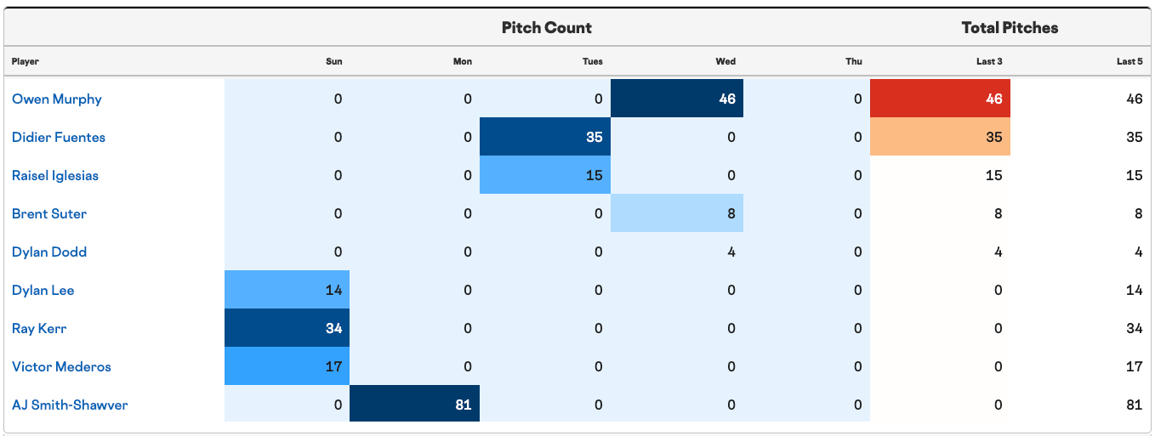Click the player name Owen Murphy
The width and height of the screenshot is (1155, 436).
point(57,99)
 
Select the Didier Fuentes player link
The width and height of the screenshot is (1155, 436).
point(59,137)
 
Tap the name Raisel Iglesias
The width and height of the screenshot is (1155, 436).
point(55,175)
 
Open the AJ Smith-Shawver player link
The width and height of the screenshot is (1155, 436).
point(70,405)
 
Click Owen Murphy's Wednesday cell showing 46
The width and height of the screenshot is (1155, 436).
point(677,98)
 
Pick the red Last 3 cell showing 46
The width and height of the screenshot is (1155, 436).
point(940,98)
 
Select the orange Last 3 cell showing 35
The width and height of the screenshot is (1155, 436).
point(940,137)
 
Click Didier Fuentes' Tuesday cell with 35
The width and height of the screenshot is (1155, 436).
point(545,137)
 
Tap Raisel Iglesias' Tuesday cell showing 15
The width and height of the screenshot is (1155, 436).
point(545,175)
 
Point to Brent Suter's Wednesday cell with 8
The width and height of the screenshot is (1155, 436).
point(677,212)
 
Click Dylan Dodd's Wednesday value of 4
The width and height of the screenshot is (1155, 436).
point(731,252)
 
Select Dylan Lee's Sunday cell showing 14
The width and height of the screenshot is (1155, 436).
point(287,290)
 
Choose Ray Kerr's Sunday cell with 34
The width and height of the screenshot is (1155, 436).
point(287,328)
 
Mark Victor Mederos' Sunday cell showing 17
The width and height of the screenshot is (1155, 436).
point(287,366)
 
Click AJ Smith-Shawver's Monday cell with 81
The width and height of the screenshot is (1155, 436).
point(414,404)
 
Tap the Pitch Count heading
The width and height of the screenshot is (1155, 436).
point(547,27)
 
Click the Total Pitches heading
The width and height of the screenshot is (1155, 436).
point(1010,27)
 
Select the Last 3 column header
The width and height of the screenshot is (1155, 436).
point(989,61)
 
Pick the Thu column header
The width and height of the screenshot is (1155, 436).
point(854,61)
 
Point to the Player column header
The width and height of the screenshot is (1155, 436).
point(26,61)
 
